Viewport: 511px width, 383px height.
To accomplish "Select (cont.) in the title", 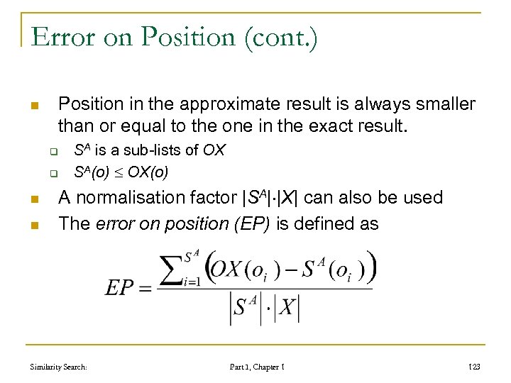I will click(x=283, y=38).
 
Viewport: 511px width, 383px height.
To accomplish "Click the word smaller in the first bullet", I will click(x=444, y=104).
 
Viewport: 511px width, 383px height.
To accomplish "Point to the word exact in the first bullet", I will click(x=307, y=128).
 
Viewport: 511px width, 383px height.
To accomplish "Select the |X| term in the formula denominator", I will click(x=287, y=308).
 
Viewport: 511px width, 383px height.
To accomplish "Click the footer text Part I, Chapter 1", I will click(x=257, y=367).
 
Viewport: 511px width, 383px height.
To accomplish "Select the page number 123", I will click(x=474, y=367).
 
